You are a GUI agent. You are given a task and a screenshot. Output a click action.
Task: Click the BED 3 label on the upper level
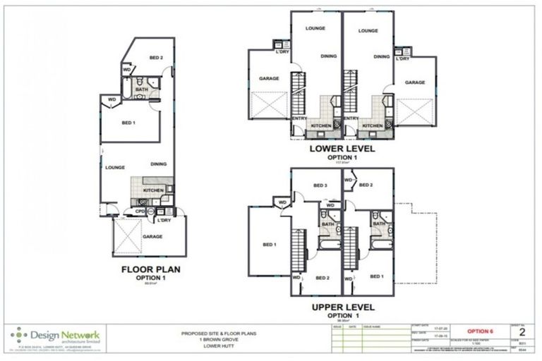[x=320, y=185]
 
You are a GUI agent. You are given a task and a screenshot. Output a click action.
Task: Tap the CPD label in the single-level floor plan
[x=140, y=210]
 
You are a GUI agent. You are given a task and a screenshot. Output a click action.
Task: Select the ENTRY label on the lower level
[x=300, y=118]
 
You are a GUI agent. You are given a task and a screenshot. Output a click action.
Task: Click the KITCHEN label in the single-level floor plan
[x=154, y=190]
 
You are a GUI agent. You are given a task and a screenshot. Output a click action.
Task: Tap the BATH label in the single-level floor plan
[x=141, y=90]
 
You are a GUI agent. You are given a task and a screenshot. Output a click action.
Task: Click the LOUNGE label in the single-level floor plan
[x=115, y=167]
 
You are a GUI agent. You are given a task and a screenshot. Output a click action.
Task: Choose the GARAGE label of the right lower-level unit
[x=415, y=82]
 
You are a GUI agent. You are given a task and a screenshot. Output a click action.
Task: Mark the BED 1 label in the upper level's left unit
[x=269, y=245]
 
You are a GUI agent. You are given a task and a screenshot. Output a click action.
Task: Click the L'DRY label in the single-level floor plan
[x=164, y=220]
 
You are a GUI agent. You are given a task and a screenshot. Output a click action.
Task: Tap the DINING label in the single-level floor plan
[x=159, y=164]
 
